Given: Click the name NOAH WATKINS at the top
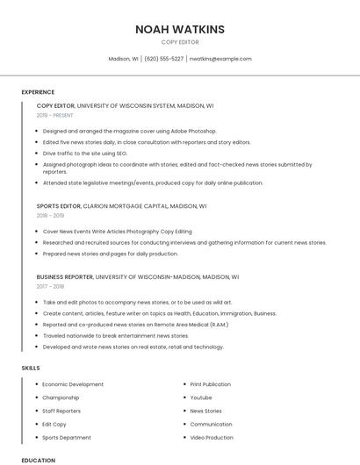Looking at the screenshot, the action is [x=180, y=29].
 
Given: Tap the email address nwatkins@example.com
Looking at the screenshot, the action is [x=220, y=59].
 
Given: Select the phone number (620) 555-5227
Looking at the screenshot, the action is [x=164, y=59].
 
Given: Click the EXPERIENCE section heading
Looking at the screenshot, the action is [x=38, y=92].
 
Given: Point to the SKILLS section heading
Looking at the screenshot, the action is [x=30, y=368].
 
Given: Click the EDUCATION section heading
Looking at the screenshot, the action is [x=38, y=460].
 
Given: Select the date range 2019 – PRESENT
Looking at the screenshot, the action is [x=54, y=115].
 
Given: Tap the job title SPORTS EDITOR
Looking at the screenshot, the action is [x=59, y=206].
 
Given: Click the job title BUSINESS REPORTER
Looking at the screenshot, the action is [x=65, y=276].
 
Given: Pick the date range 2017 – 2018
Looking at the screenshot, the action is [x=50, y=286].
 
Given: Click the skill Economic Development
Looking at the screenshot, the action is [x=73, y=384].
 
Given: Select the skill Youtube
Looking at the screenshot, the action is [x=201, y=397].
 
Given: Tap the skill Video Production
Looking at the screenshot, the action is [x=212, y=438].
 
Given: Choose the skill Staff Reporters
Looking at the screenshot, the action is [x=61, y=411].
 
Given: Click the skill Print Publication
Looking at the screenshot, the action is [x=211, y=384].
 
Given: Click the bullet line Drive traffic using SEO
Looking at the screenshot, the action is [x=85, y=154].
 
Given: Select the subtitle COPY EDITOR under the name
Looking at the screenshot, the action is [x=180, y=42].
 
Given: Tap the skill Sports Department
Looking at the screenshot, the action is [x=67, y=438].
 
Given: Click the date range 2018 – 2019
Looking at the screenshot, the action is [x=50, y=216].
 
